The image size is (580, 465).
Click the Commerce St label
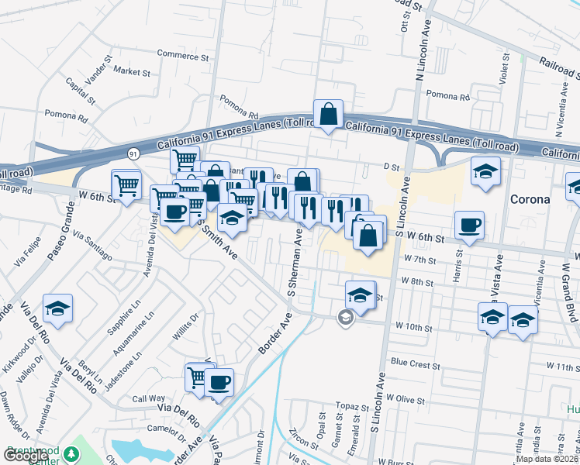(x=183, y=56)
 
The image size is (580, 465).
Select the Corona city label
(x=530, y=198)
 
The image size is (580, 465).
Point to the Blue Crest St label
(x=415, y=363)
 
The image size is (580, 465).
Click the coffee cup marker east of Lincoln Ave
(x=469, y=226)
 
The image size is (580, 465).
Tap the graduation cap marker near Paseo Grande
(x=58, y=308)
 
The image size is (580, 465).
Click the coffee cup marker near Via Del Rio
(x=219, y=382)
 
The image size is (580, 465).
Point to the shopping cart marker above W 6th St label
(x=126, y=184)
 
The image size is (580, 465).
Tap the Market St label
(x=131, y=71)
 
